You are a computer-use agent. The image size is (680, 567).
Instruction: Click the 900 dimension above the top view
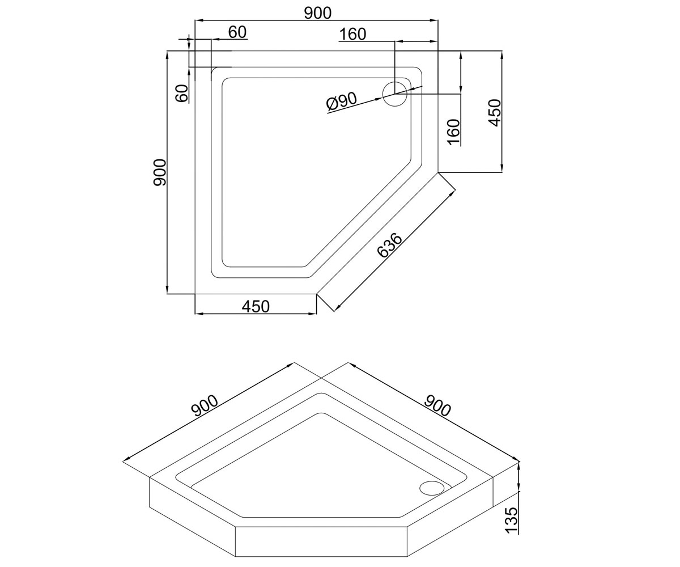pos(317,13)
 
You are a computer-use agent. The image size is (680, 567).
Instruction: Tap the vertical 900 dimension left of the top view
pos(160,172)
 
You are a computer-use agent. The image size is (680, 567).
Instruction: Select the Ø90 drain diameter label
pos(341,101)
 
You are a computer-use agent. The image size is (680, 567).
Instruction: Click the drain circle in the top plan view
pos(395,95)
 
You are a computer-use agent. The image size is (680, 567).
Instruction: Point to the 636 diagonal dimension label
pos(389,245)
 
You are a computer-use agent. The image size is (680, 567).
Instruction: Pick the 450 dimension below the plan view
pos(256,306)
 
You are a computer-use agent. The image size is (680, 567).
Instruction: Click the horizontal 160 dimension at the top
pos(352,34)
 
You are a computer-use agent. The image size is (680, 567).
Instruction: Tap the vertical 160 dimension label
pos(453,132)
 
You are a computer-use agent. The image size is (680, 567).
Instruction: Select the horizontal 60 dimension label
pos(237,32)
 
